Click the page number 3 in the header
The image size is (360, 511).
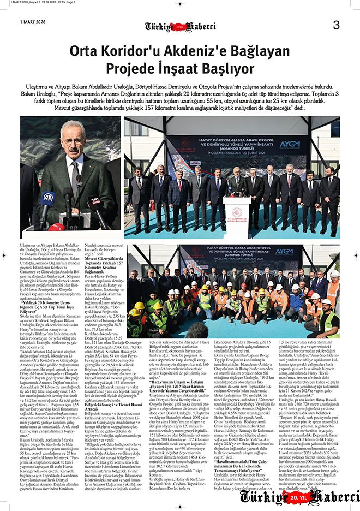pyautogui.click(x=336, y=25)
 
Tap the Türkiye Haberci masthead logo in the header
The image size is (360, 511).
pyautogui.click(x=180, y=26)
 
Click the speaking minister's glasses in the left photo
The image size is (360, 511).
pyautogui.click(x=75, y=148)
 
